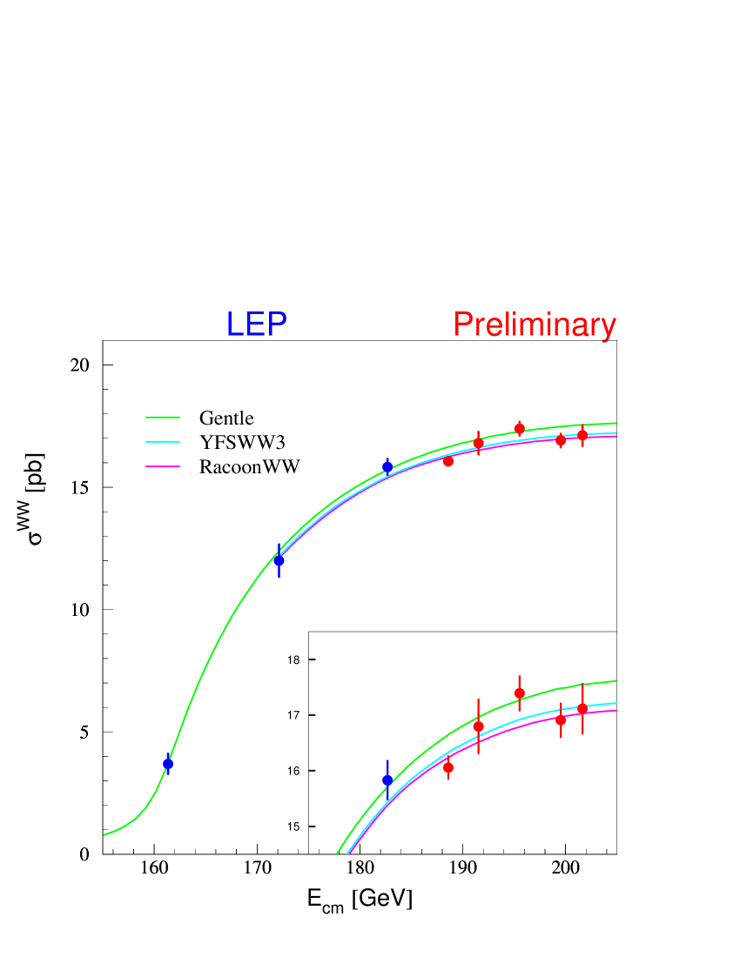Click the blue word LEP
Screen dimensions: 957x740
click(x=256, y=325)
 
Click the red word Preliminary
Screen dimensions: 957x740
click(x=535, y=325)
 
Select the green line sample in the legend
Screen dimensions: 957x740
click(x=163, y=417)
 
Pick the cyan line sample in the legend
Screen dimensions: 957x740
click(x=163, y=442)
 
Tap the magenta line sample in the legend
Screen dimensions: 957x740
click(x=163, y=466)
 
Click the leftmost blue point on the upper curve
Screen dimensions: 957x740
click(x=168, y=763)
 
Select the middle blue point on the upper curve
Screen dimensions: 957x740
click(x=279, y=560)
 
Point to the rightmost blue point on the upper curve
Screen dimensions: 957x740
click(x=387, y=466)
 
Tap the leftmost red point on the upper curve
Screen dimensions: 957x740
click(x=448, y=461)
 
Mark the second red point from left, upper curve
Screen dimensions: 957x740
click(x=478, y=443)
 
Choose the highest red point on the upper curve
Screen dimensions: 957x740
click(x=520, y=428)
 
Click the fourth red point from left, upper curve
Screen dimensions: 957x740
click(x=561, y=440)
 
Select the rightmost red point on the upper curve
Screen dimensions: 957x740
click(x=582, y=435)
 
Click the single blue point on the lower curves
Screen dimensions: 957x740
click(x=387, y=780)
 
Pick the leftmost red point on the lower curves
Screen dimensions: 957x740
click(x=448, y=767)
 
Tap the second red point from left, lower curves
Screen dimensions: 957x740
click(x=478, y=726)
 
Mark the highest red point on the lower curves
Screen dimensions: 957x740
click(x=520, y=693)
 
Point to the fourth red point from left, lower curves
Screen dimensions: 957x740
click(x=561, y=719)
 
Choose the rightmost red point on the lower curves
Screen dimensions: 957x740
click(x=582, y=709)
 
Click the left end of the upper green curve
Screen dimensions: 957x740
click(x=105, y=834)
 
